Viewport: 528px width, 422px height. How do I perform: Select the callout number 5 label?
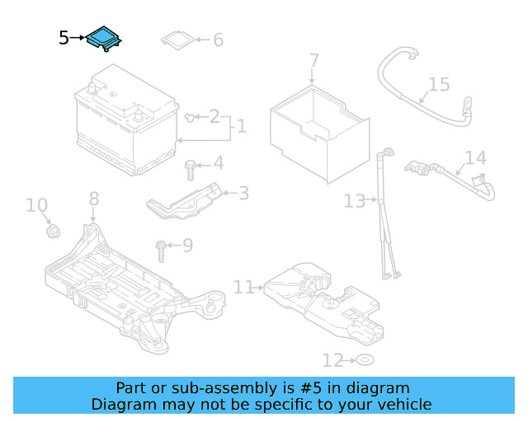(64, 38)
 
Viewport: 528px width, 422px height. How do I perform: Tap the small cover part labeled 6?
(177, 40)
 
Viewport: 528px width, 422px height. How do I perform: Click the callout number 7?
(313, 60)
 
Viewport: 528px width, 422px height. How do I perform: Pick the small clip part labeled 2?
(192, 118)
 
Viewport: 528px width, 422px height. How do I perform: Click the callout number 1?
(242, 127)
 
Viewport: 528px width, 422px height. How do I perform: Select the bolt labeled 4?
(191, 169)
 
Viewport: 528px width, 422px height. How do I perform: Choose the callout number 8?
(93, 199)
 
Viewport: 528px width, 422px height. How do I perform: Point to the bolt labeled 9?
(161, 245)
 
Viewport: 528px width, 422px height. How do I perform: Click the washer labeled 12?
(365, 360)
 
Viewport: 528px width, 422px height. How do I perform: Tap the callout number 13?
(354, 201)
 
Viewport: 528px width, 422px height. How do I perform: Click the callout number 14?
(476, 158)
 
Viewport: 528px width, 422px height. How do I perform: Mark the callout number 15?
(439, 84)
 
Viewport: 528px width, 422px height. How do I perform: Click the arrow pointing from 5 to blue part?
(78, 38)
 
